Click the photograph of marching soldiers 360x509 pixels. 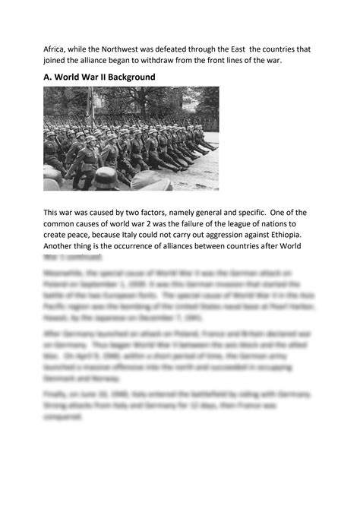point(131,138)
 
